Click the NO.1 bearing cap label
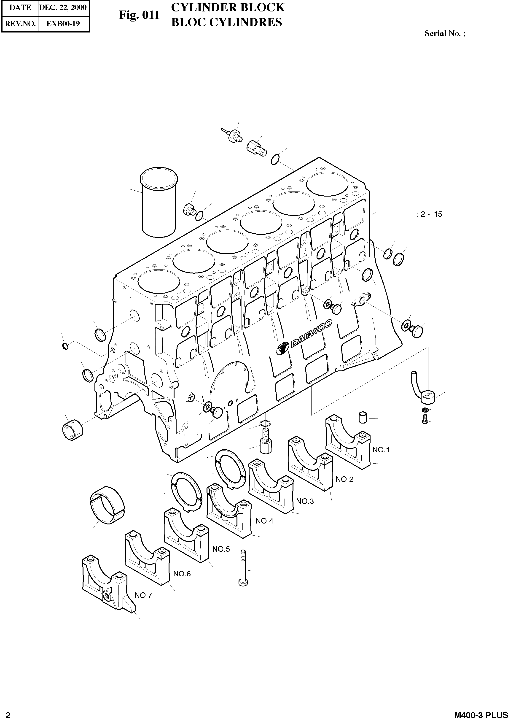point(381,450)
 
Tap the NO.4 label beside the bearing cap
point(264,521)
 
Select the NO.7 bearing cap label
point(143,595)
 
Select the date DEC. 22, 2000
point(63,7)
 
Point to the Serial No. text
point(444,33)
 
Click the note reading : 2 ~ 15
point(429,214)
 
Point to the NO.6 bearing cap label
point(182,574)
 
